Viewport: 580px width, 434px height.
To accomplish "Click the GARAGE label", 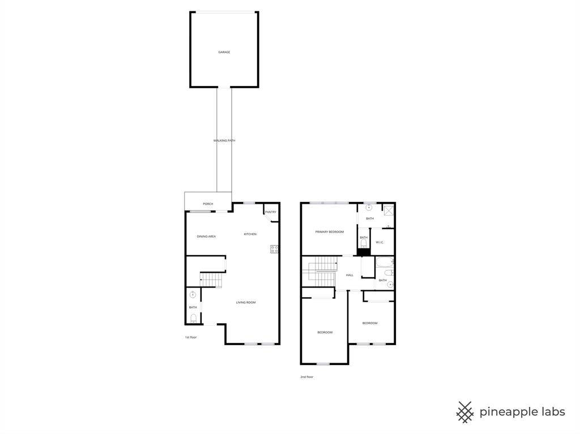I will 224,52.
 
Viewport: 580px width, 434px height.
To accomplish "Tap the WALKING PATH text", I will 224,140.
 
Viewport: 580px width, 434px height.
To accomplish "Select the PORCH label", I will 208,204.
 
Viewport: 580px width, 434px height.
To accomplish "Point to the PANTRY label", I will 270,212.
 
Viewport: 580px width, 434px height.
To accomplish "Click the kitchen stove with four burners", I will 274,248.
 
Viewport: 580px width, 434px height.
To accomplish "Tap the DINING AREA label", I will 206,237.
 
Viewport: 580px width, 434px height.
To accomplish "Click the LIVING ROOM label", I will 246,302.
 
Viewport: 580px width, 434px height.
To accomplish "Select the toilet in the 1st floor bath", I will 193,318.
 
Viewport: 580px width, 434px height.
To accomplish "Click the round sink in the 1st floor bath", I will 193,294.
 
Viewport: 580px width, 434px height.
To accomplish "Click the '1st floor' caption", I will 190,337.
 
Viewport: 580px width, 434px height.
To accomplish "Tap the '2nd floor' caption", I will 306,377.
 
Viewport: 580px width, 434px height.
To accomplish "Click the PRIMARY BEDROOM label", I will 329,232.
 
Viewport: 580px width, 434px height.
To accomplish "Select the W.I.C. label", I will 379,243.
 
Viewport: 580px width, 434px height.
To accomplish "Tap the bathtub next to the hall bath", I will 385,262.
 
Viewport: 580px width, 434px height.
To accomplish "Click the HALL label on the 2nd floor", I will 349,275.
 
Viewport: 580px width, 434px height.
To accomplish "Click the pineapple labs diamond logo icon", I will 465,412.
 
